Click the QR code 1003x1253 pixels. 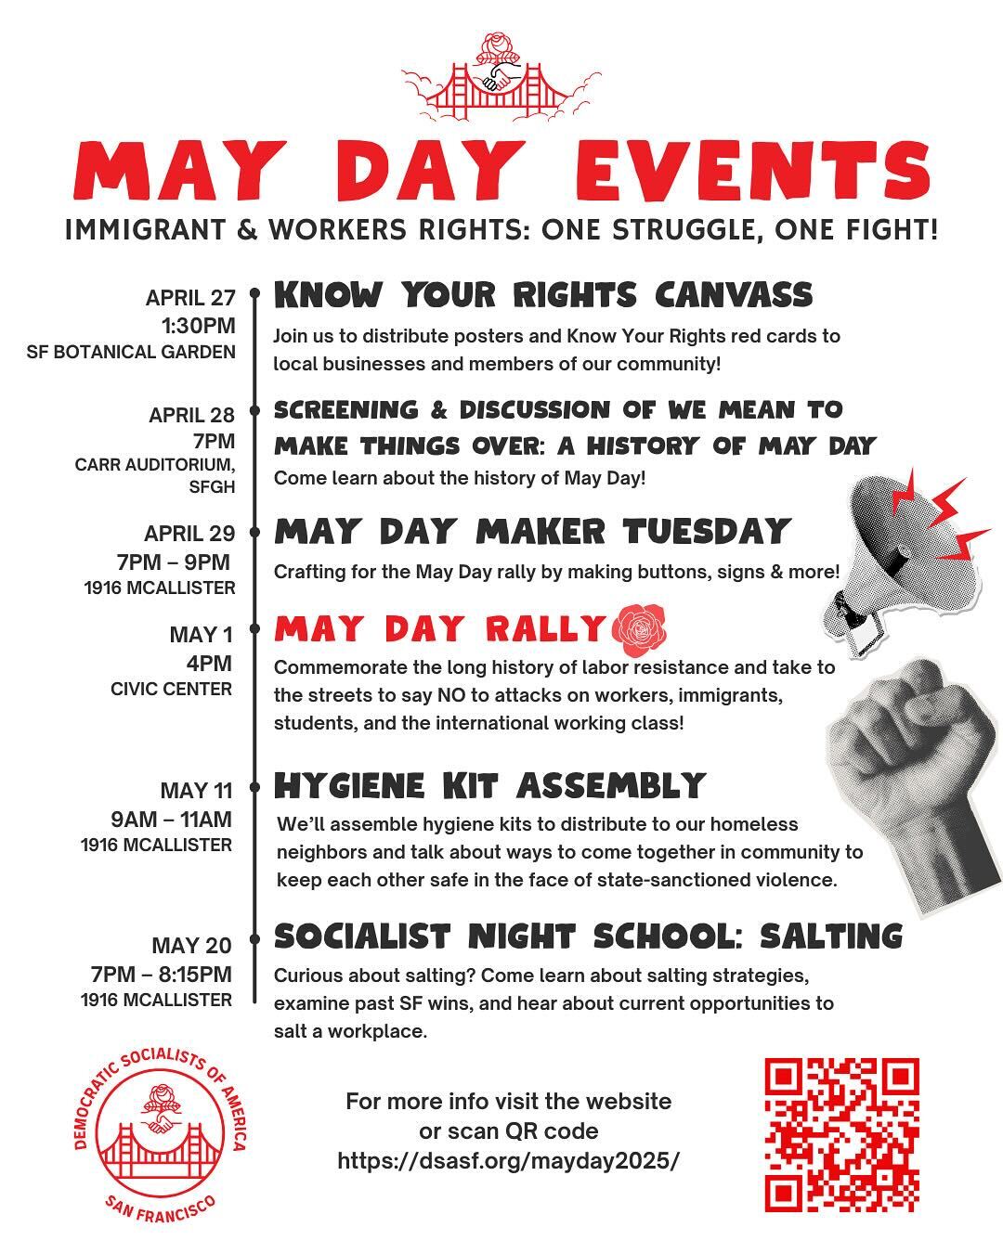click(x=841, y=1134)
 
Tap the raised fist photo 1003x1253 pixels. click(x=915, y=780)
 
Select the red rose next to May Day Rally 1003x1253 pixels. click(x=638, y=628)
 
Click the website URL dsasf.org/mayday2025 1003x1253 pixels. click(x=508, y=1160)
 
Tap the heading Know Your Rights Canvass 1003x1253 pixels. click(x=543, y=295)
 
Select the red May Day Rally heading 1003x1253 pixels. click(x=439, y=629)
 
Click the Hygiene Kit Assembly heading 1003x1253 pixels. click(x=489, y=786)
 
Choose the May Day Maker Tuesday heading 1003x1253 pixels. click(x=532, y=532)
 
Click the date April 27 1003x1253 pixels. click(x=190, y=298)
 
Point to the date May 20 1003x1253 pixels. click(x=192, y=946)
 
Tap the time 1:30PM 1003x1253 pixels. click(x=198, y=326)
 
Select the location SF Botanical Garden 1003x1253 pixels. click(x=131, y=352)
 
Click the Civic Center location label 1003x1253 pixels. click(x=171, y=689)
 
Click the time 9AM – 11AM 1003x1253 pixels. click(x=172, y=819)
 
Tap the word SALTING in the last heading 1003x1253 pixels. click(x=831, y=937)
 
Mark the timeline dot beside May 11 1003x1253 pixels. click(x=254, y=789)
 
